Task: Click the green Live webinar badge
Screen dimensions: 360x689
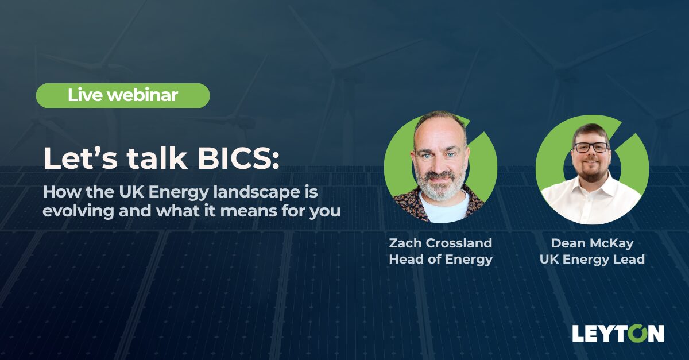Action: (123, 95)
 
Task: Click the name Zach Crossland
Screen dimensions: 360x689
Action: (440, 243)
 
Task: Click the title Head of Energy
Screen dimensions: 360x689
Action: (440, 259)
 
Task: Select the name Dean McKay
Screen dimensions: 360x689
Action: (592, 243)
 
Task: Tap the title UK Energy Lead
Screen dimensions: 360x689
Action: (592, 259)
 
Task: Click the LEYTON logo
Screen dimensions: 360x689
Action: (618, 333)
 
